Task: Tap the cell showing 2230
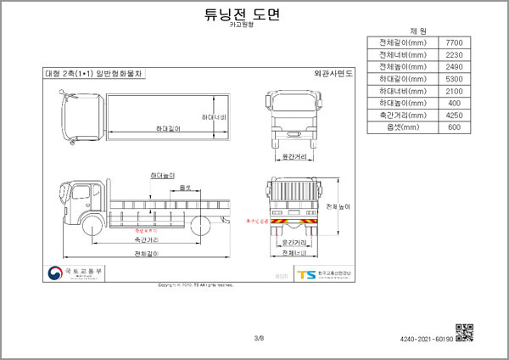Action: click(x=452, y=54)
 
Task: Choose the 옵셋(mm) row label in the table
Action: click(x=401, y=127)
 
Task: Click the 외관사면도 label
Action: click(x=333, y=74)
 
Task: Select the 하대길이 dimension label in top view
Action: click(x=169, y=127)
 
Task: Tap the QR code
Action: click(x=464, y=333)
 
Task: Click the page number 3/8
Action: click(x=259, y=338)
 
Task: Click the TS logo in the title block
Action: click(x=305, y=274)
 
